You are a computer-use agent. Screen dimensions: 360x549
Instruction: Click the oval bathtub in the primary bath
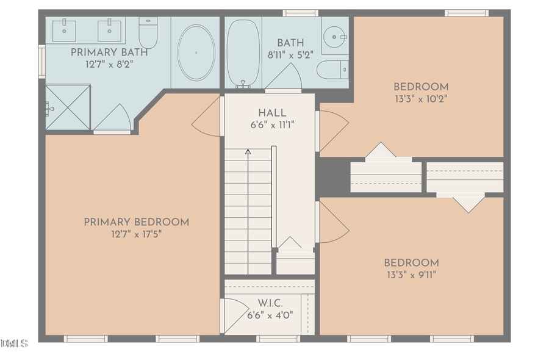[196, 52]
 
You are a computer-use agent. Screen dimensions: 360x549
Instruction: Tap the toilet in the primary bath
[148, 32]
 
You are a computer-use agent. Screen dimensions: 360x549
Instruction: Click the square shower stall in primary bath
[67, 107]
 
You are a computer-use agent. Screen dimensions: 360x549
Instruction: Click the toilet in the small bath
[332, 69]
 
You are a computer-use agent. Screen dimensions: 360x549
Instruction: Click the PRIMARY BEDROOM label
[136, 222]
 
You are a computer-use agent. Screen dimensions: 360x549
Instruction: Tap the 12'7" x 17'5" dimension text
[136, 234]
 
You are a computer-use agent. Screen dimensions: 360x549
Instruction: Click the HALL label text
[271, 113]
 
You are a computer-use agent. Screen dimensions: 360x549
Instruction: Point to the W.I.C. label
[270, 303]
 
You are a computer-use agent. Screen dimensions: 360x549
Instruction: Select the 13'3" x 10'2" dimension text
[420, 98]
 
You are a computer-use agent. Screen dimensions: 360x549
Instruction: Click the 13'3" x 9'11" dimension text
[411, 274]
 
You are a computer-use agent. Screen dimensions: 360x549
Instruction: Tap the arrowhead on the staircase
[248, 151]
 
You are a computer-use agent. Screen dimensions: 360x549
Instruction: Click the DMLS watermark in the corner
[14, 344]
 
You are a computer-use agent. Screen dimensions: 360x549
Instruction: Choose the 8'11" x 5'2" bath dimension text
[290, 54]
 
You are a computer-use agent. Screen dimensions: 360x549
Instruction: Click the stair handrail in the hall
[274, 195]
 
